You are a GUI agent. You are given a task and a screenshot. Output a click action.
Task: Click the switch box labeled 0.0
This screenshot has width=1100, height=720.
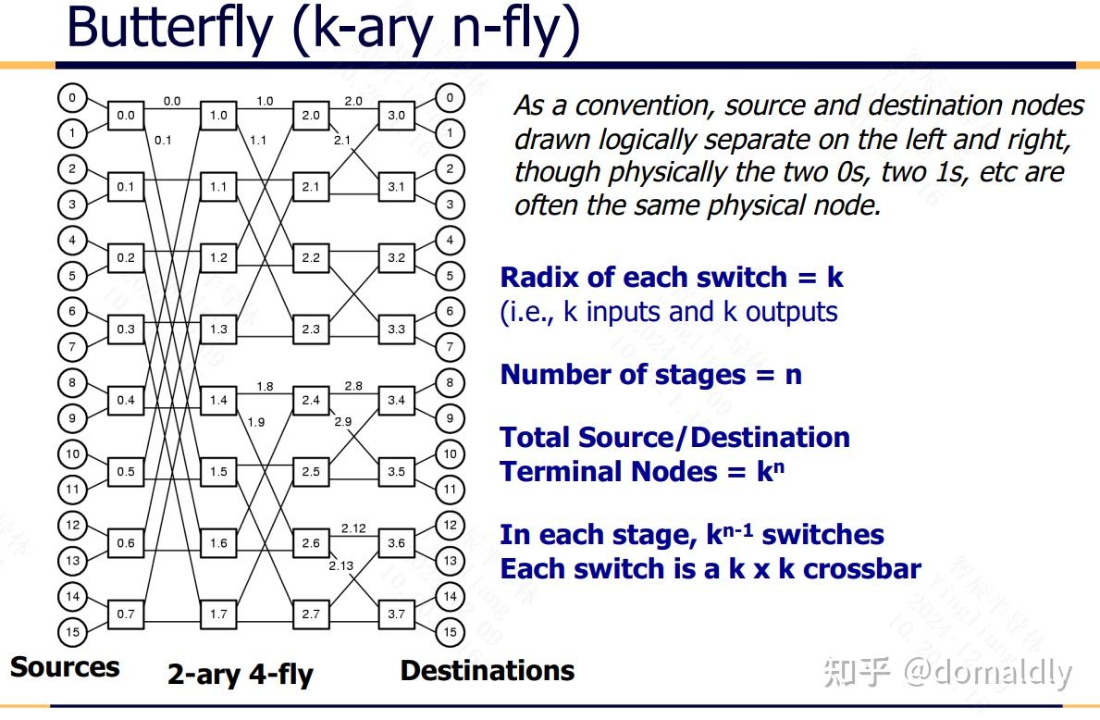click(125, 116)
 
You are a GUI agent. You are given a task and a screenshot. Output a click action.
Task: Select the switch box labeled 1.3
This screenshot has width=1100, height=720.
click(218, 329)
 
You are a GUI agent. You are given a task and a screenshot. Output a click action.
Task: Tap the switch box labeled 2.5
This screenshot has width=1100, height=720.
click(311, 472)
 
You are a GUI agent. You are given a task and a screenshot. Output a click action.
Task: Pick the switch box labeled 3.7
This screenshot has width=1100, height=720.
click(396, 614)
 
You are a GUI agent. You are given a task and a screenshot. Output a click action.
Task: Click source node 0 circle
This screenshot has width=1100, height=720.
click(72, 98)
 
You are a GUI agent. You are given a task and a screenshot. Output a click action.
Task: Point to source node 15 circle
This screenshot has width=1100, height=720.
click(72, 632)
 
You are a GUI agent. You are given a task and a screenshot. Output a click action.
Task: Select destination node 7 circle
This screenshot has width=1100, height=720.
click(450, 347)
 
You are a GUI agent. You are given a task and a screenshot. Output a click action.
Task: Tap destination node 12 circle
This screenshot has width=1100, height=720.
click(450, 526)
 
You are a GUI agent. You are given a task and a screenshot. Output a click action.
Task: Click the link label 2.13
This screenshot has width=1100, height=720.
click(340, 565)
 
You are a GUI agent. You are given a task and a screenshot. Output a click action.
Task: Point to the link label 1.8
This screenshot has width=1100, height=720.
click(265, 386)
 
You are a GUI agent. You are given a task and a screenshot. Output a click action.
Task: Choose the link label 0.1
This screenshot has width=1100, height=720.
click(163, 141)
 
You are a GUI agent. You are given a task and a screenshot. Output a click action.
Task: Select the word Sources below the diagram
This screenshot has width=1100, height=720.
click(65, 667)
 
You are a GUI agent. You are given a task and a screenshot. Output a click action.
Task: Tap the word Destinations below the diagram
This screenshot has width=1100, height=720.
click(488, 671)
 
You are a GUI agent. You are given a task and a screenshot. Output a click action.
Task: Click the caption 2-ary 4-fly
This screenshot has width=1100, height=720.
click(241, 675)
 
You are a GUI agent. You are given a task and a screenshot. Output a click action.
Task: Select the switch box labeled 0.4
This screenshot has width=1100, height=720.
click(125, 401)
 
